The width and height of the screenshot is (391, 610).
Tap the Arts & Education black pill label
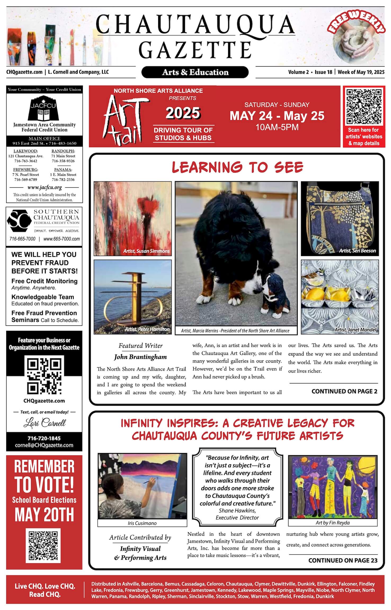pos(195,72)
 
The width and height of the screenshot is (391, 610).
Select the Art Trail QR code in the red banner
pos(364,107)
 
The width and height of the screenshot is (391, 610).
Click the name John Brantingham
pos(140,357)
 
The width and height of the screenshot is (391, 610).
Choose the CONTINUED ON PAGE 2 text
pos(344,391)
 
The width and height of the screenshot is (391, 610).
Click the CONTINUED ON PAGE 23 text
pos(343,560)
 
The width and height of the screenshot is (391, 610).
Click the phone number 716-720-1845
pos(44,438)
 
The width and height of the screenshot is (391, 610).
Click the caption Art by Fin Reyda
pos(332,523)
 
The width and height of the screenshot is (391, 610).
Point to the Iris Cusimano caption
pos(142,523)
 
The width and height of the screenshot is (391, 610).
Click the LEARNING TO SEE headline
pos(237,167)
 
